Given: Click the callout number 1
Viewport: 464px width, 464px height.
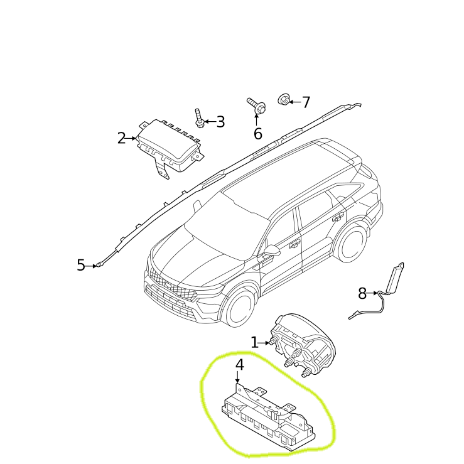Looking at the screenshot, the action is point(255,343).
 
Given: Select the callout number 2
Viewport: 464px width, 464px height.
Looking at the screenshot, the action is point(121,138).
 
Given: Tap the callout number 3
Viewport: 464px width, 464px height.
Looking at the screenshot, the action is point(221,122).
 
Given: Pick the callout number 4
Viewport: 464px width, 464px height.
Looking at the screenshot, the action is point(240,365).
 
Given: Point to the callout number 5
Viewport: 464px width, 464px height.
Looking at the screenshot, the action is point(81,265).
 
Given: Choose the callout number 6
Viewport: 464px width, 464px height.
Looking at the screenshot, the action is point(258,134).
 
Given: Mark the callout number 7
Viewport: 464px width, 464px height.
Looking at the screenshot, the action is point(306,102).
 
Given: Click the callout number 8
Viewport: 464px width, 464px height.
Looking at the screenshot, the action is point(362,294).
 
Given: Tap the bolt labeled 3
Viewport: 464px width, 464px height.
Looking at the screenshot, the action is point(199,118).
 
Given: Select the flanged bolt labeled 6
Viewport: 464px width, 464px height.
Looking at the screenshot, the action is point(257,106).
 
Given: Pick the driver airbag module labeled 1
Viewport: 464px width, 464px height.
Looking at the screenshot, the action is point(303,345).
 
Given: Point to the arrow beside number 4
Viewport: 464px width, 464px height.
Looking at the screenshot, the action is point(237,377).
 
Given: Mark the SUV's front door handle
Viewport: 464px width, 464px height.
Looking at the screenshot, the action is point(294,244).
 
